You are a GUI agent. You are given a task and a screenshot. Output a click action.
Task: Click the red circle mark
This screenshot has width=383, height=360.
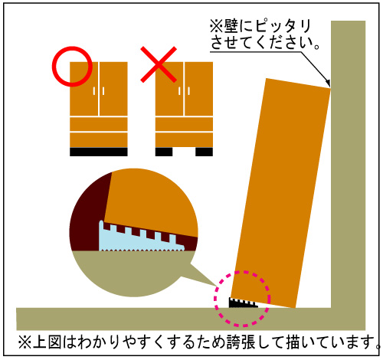click(x=53, y=67)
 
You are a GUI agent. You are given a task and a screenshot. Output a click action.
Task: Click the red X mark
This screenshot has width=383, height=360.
click(x=159, y=64)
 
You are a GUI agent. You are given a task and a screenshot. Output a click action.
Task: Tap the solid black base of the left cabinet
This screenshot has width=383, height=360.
click(x=99, y=152)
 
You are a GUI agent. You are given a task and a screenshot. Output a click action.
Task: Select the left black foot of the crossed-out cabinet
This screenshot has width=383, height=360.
click(x=164, y=152)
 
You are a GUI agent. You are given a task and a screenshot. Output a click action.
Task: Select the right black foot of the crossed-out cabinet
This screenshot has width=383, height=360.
click(x=204, y=152)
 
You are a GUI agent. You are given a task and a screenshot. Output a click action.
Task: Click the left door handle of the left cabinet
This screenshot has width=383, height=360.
click(x=94, y=91)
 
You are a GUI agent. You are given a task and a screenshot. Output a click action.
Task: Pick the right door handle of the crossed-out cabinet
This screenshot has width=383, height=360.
click(x=188, y=91)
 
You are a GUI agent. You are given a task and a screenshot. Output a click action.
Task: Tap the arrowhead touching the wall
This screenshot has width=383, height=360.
click(x=329, y=83)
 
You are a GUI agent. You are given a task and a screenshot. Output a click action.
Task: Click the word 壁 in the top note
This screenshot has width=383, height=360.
click(x=231, y=26)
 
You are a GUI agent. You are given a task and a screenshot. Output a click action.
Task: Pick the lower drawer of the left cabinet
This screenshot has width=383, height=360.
click(x=99, y=140)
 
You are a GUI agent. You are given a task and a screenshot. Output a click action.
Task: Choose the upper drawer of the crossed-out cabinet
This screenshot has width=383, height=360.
click(x=184, y=124)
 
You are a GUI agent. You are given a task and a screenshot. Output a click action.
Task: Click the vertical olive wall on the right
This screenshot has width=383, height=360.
click(x=349, y=163)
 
